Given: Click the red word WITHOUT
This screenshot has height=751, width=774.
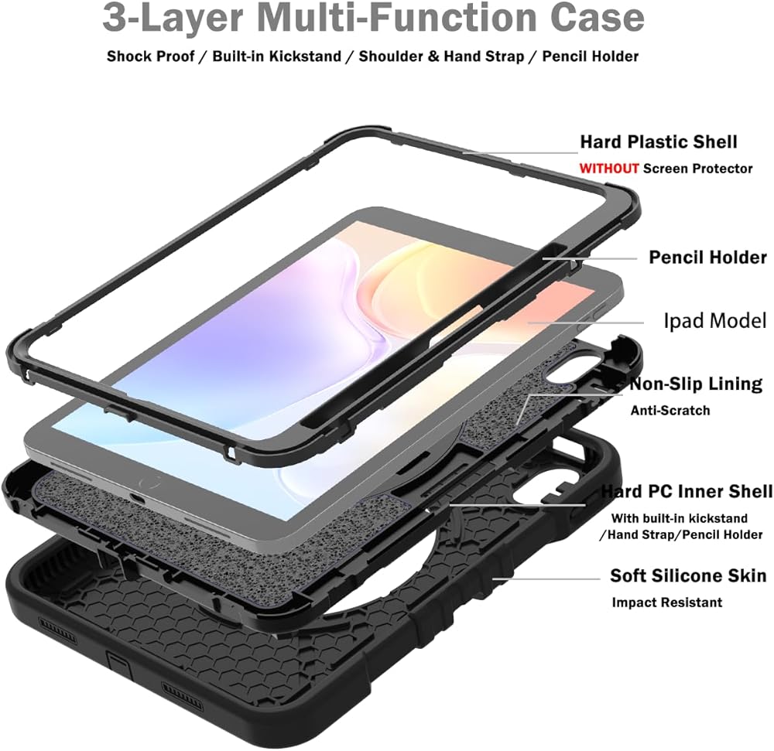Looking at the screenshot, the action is point(609,168).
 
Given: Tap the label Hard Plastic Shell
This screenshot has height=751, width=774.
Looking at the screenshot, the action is point(659,142).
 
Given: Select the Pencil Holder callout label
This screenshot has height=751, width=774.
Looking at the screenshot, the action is point(707,258).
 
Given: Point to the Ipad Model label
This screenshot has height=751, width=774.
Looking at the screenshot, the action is point(714,320).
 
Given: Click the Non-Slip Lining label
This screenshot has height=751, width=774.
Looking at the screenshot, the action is point(696,384).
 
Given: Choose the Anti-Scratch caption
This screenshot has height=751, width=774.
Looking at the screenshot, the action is point(670,411).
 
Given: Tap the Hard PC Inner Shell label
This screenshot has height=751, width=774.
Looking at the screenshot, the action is point(687,492).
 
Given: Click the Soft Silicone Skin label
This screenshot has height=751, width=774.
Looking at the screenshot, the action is point(688,576).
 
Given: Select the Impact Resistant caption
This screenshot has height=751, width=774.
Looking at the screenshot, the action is point(667,603).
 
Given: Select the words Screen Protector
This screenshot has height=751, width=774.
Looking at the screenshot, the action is point(698,168).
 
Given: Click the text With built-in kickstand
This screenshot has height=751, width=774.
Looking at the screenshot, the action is point(679,518).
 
